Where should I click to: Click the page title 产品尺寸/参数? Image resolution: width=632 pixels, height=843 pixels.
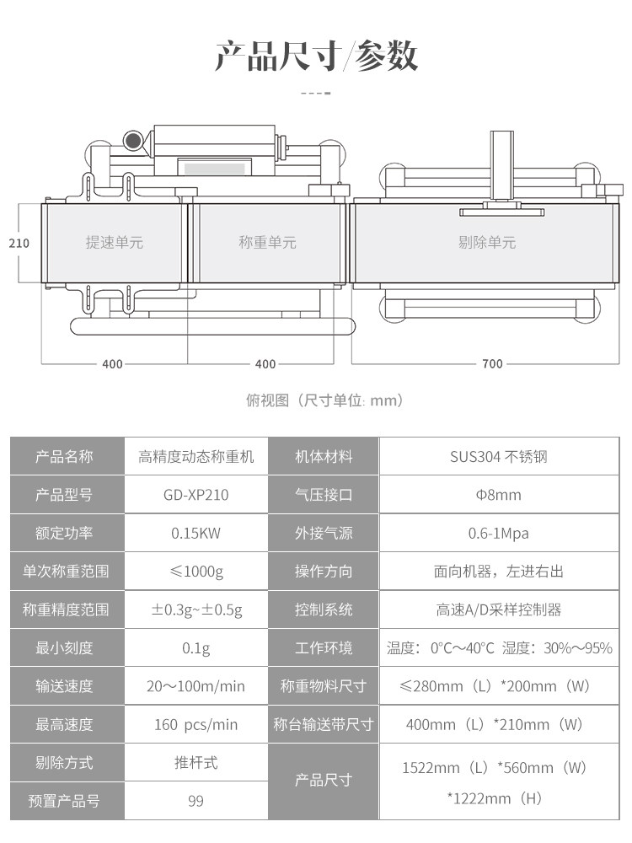(x=316, y=56)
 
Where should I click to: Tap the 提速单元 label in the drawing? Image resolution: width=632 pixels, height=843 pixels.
(x=115, y=243)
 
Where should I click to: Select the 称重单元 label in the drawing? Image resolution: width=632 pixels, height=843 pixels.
(x=267, y=243)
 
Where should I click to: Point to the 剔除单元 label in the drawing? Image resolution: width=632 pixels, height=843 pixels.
(x=487, y=243)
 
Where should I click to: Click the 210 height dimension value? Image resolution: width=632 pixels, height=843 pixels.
(x=19, y=243)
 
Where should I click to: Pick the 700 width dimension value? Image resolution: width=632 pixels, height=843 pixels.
(x=493, y=364)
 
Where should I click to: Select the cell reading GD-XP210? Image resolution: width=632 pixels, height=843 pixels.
(x=196, y=495)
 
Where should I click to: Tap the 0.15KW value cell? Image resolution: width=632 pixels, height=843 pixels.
(x=196, y=533)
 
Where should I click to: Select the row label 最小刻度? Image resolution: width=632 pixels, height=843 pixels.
(x=64, y=647)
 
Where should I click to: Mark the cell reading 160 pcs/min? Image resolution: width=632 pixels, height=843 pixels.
(x=196, y=724)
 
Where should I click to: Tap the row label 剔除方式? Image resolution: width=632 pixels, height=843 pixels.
(x=64, y=762)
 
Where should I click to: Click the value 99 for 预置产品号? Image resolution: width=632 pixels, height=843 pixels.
(x=196, y=801)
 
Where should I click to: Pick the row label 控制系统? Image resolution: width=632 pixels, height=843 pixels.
(x=324, y=609)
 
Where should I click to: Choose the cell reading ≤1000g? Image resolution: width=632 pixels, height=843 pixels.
(x=196, y=572)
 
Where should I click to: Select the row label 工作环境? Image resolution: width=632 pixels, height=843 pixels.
(x=324, y=647)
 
